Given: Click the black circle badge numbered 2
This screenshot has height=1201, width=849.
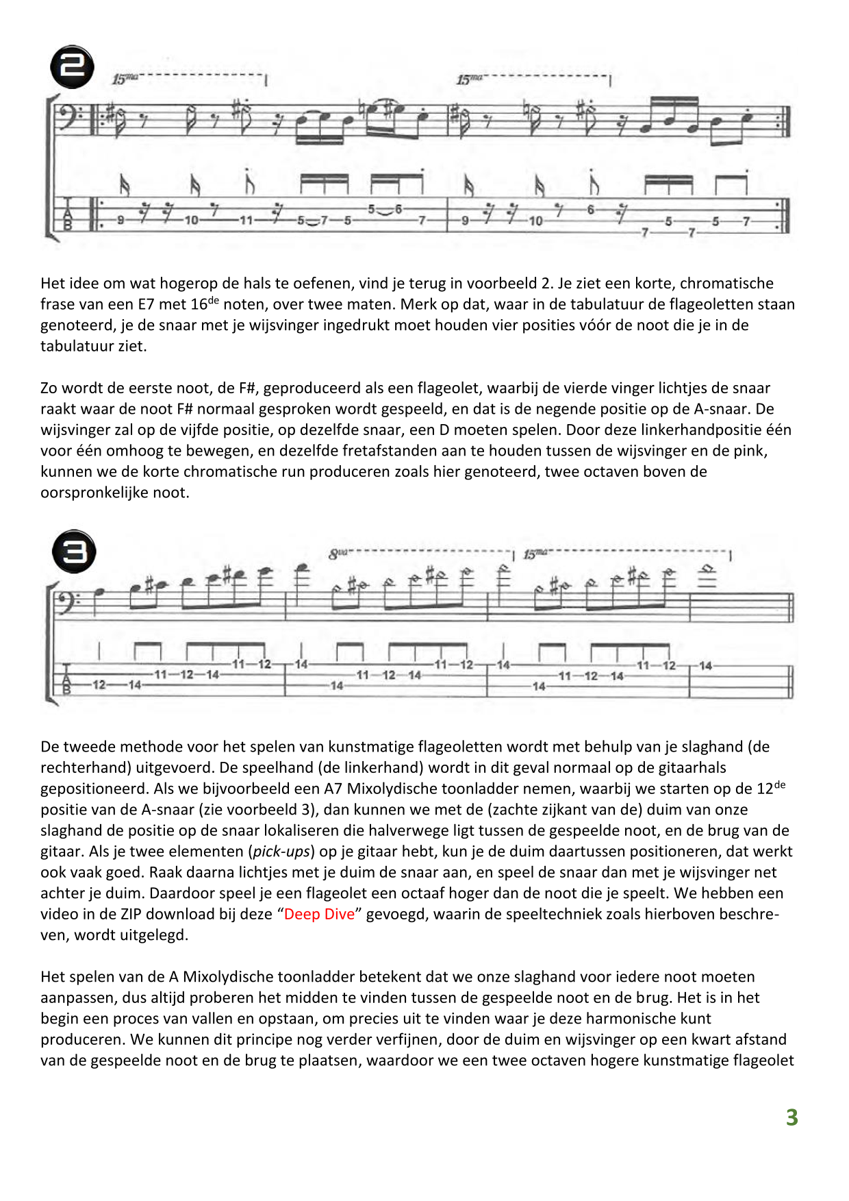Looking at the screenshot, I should coord(73,67).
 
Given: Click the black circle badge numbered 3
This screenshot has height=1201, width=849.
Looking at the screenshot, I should coord(74,552).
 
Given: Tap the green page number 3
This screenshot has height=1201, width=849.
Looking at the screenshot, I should coord(791,1118).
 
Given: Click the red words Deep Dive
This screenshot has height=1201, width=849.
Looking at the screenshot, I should coord(319,914).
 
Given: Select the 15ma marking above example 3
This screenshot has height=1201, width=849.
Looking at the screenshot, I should coord(535,554).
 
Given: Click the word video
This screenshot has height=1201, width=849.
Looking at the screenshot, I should coord(60,914).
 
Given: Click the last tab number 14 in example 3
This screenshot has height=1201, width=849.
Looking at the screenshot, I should coord(705,665).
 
